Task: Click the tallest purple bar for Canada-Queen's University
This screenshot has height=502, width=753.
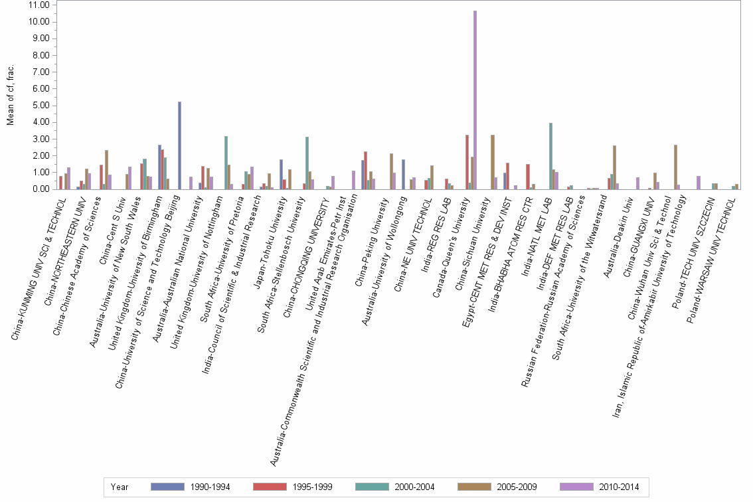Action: tap(475, 100)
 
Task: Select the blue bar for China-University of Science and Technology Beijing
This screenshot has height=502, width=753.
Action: tap(179, 145)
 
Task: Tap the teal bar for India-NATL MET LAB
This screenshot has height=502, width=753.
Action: tap(550, 156)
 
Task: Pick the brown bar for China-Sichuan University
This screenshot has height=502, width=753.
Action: tap(492, 162)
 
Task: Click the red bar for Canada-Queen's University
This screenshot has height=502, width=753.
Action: tap(467, 162)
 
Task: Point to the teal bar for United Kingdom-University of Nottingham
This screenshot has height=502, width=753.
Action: tap(226, 163)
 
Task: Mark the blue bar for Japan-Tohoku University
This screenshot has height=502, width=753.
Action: tap(282, 174)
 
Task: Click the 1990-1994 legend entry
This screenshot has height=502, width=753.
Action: tap(190, 487)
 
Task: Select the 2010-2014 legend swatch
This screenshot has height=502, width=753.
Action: tap(576, 487)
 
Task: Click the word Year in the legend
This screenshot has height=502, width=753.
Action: tap(120, 487)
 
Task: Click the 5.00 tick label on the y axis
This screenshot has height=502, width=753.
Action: tap(40, 105)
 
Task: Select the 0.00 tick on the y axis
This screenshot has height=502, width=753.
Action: tap(40, 189)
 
